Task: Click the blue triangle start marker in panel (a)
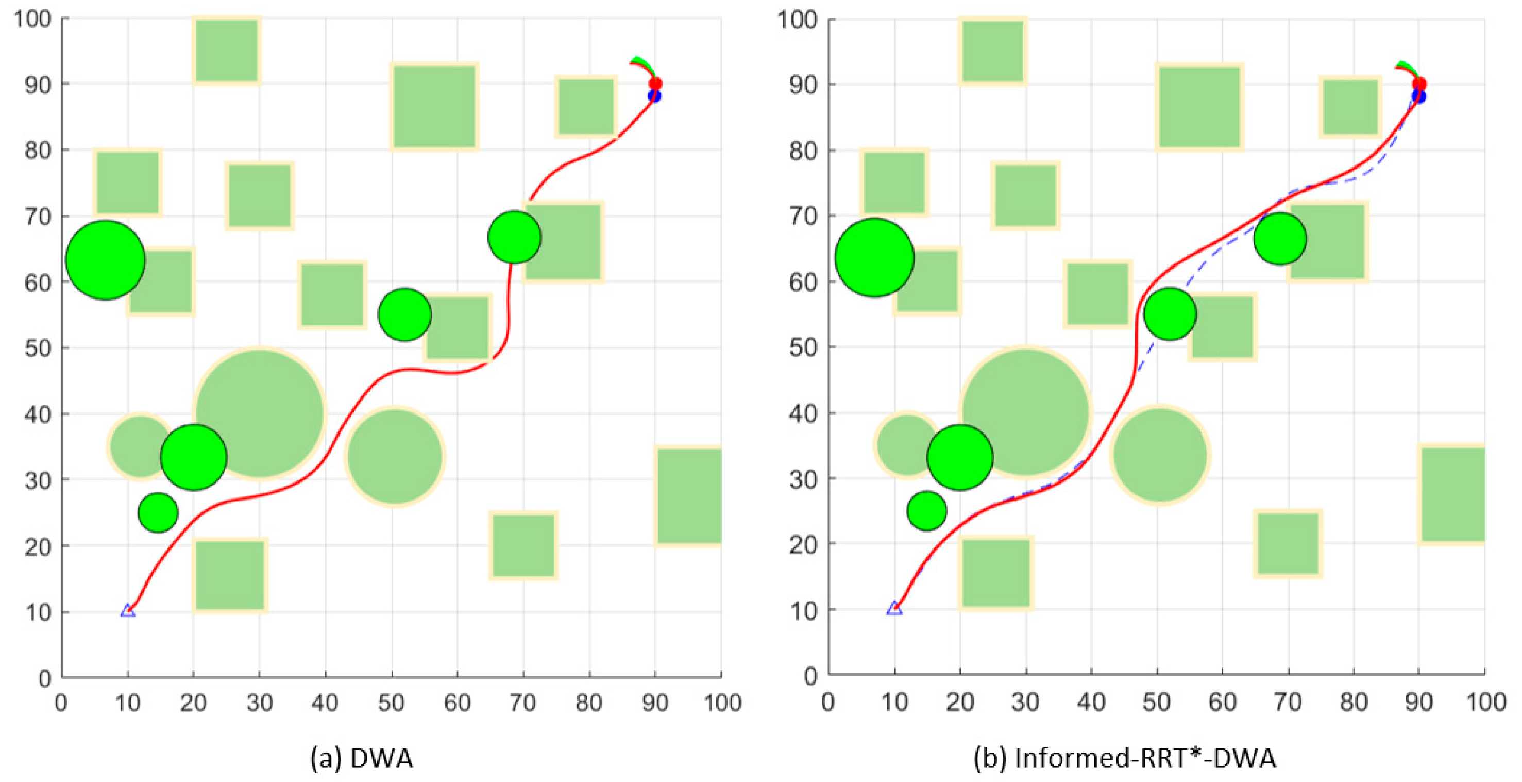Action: coord(128,610)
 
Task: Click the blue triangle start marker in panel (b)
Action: coord(894,608)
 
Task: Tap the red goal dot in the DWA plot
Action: coord(655,84)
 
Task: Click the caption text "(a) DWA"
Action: coord(362,758)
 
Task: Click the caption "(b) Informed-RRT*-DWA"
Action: coord(1124,758)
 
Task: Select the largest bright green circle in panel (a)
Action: coord(106,260)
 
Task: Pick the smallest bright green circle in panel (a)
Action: coord(158,512)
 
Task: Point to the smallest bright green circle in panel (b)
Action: coord(926,511)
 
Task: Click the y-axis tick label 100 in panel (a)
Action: coord(32,19)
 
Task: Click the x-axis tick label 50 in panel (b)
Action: coord(1156,702)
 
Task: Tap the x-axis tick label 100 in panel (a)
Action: coord(722,703)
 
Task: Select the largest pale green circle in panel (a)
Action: coord(260,413)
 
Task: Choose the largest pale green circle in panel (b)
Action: coord(1026,412)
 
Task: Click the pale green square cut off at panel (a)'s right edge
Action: coord(689,495)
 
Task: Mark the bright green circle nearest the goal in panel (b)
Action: coord(1280,239)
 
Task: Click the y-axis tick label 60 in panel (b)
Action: coord(803,282)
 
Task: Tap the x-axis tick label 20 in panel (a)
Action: coord(193,703)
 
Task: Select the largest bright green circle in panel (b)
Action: coord(874,258)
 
